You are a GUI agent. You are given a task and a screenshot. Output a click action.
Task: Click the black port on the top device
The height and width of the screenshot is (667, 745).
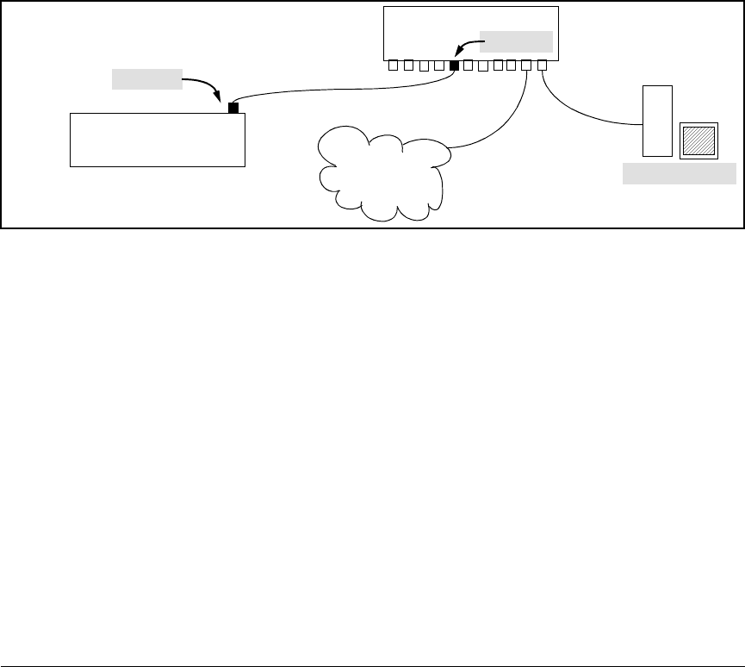454,65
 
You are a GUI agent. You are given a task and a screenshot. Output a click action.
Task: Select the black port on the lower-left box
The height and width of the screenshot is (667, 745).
233,109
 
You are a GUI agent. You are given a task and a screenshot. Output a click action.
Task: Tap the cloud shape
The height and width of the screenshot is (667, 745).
383,172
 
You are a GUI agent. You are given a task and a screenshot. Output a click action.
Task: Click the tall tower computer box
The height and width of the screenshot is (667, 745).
657,121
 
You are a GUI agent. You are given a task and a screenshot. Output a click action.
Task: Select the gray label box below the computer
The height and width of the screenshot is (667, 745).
680,175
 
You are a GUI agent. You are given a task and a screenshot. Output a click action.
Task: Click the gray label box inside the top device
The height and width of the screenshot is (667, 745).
515,41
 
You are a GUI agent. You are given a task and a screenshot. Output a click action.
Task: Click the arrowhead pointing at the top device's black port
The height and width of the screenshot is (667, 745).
460,53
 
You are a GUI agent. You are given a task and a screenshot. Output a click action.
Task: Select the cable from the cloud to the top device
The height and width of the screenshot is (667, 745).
508,121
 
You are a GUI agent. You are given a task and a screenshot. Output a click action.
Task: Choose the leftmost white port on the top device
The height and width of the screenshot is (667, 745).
393,65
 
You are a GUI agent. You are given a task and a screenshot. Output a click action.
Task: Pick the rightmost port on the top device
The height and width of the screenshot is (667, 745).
542,65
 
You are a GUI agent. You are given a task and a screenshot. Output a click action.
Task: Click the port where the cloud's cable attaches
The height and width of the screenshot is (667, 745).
527,65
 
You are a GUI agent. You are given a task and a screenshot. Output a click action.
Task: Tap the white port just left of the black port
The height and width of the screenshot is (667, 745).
439,65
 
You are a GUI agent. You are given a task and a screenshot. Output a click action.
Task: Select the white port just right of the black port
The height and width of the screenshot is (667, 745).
469,65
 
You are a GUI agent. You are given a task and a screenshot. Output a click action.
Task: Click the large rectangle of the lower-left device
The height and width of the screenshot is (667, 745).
157,139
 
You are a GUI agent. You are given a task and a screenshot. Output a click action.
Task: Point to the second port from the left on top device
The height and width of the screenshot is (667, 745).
408,65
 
